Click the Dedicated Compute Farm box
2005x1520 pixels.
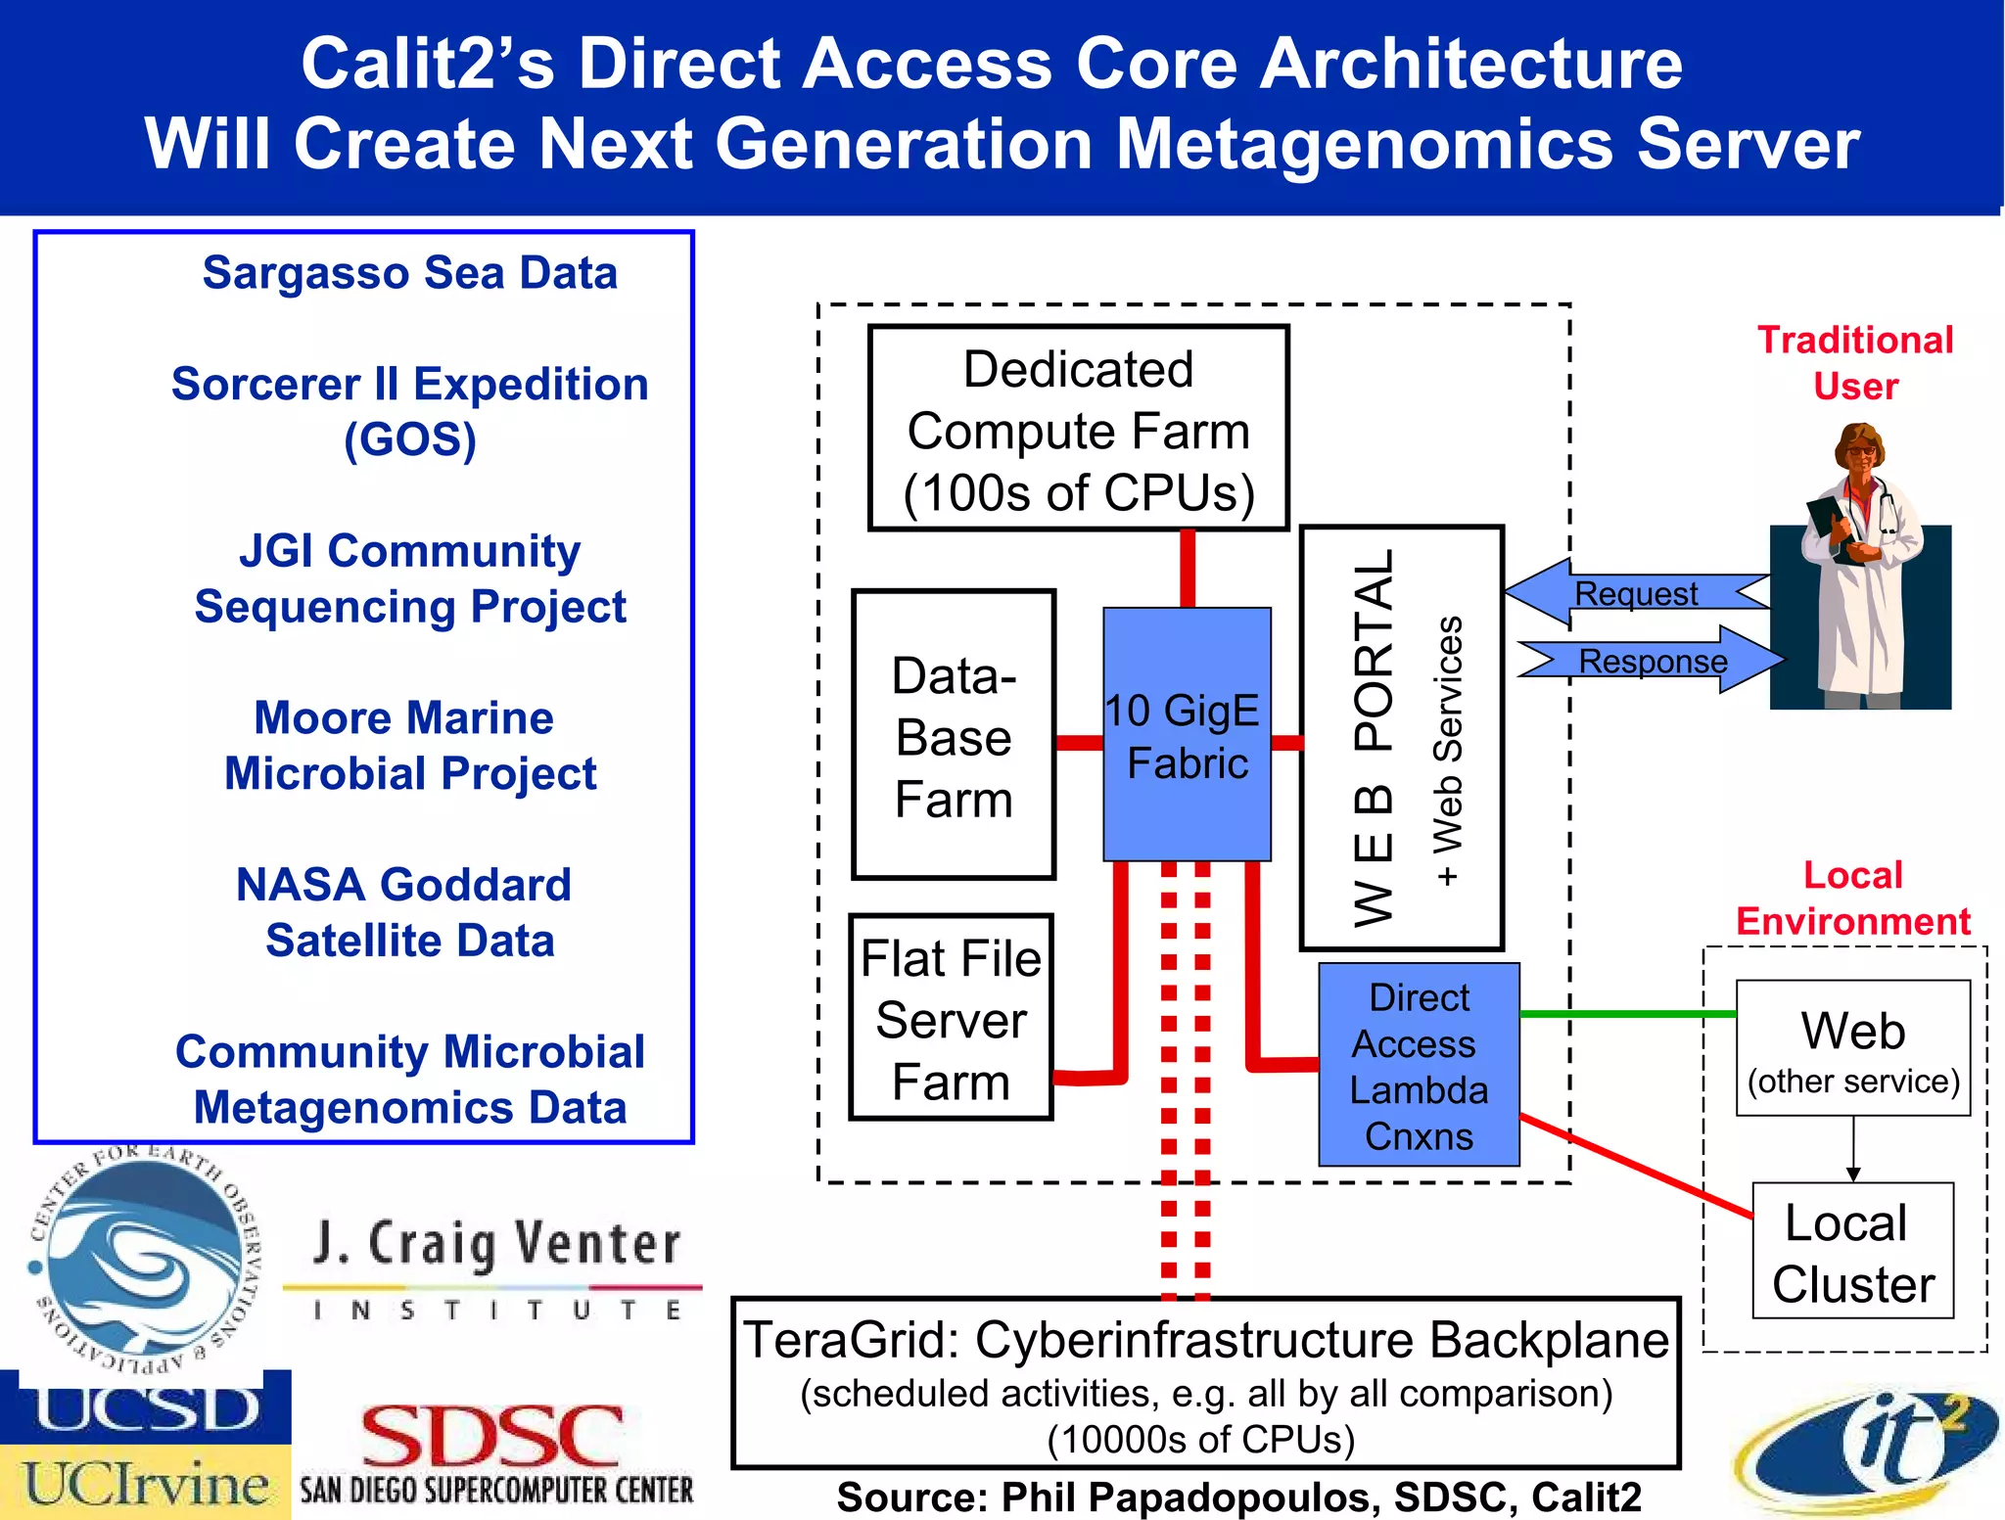(x=1078, y=429)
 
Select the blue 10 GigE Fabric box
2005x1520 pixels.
(x=1187, y=735)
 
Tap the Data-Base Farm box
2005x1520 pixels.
(x=954, y=735)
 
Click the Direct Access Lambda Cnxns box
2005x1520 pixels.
(x=1419, y=1065)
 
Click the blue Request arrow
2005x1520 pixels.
(x=1635, y=593)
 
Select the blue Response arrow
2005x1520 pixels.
(x=1653, y=661)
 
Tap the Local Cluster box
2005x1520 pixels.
(x=1852, y=1252)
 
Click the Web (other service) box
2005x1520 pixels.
(x=1852, y=1048)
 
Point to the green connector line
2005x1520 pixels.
(x=1625, y=1014)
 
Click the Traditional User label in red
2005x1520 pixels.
(x=1854, y=362)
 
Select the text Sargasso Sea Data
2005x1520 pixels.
(x=409, y=273)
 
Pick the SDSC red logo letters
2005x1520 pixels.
(x=492, y=1436)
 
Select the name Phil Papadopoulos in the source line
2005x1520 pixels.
(x=1189, y=1497)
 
